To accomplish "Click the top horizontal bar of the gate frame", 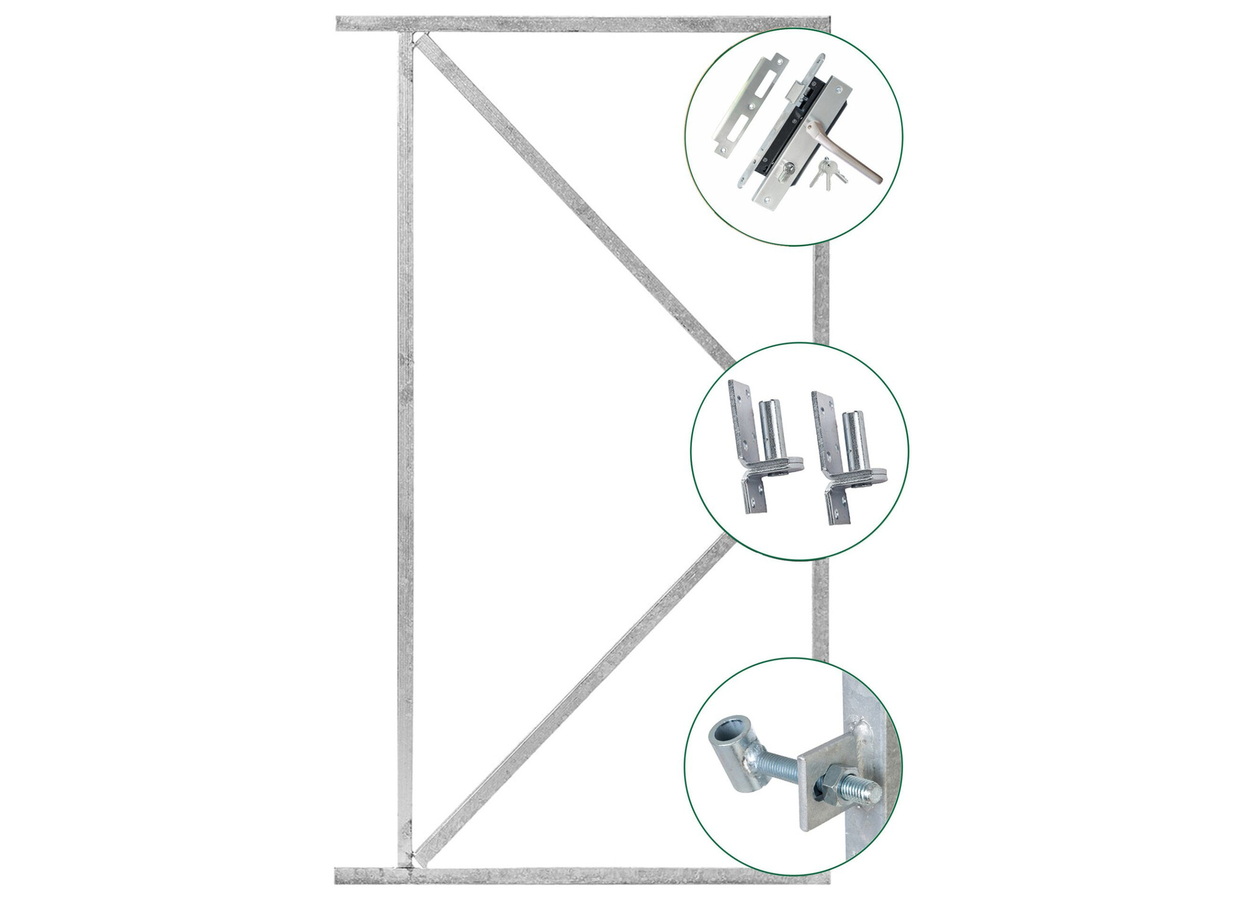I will (x=549, y=24).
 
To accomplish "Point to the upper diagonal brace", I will (x=573, y=201).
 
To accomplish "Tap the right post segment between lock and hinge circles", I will (x=821, y=292).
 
